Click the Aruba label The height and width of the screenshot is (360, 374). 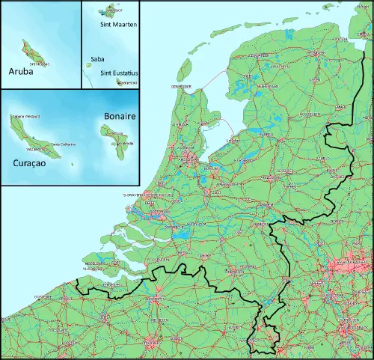22,73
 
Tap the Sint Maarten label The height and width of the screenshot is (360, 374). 117,24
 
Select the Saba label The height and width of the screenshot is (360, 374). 97,58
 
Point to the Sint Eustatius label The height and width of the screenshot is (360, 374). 119,73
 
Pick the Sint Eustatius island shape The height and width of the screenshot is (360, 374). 120,82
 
